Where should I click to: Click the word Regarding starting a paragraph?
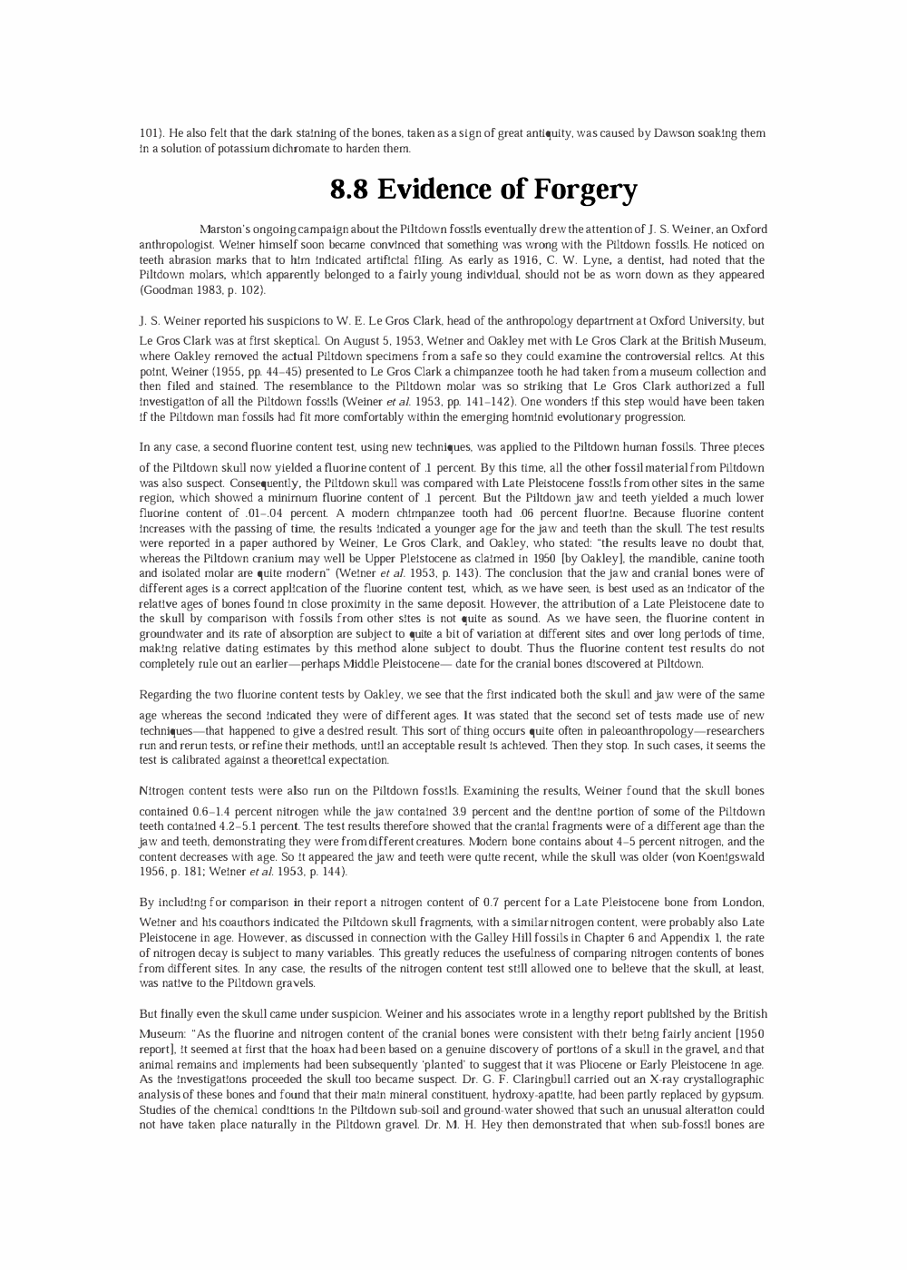tap(166, 694)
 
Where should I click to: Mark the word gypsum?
tap(743, 1094)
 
